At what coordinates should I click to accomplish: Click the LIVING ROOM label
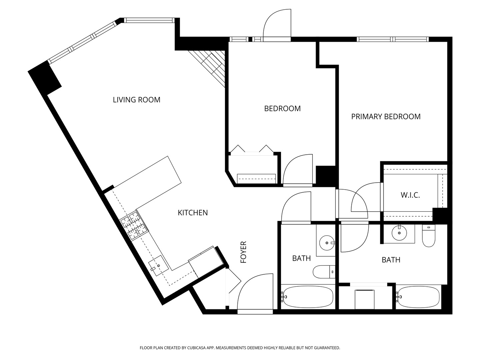point(136,100)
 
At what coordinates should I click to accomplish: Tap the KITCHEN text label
point(193,213)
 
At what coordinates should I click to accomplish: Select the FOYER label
point(243,252)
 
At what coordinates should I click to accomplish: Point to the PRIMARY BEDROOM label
point(386,117)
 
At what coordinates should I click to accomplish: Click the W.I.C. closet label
point(410,195)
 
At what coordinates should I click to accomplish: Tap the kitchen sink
point(159,266)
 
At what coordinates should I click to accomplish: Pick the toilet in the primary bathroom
point(429,236)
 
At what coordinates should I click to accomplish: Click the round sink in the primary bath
point(399,233)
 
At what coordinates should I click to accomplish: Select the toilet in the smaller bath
point(324,272)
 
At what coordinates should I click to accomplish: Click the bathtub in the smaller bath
point(308,297)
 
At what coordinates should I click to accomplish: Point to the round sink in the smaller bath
point(327,243)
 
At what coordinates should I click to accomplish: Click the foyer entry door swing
point(255,292)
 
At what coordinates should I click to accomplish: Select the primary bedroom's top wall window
point(393,39)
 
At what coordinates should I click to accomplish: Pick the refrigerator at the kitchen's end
point(206,262)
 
